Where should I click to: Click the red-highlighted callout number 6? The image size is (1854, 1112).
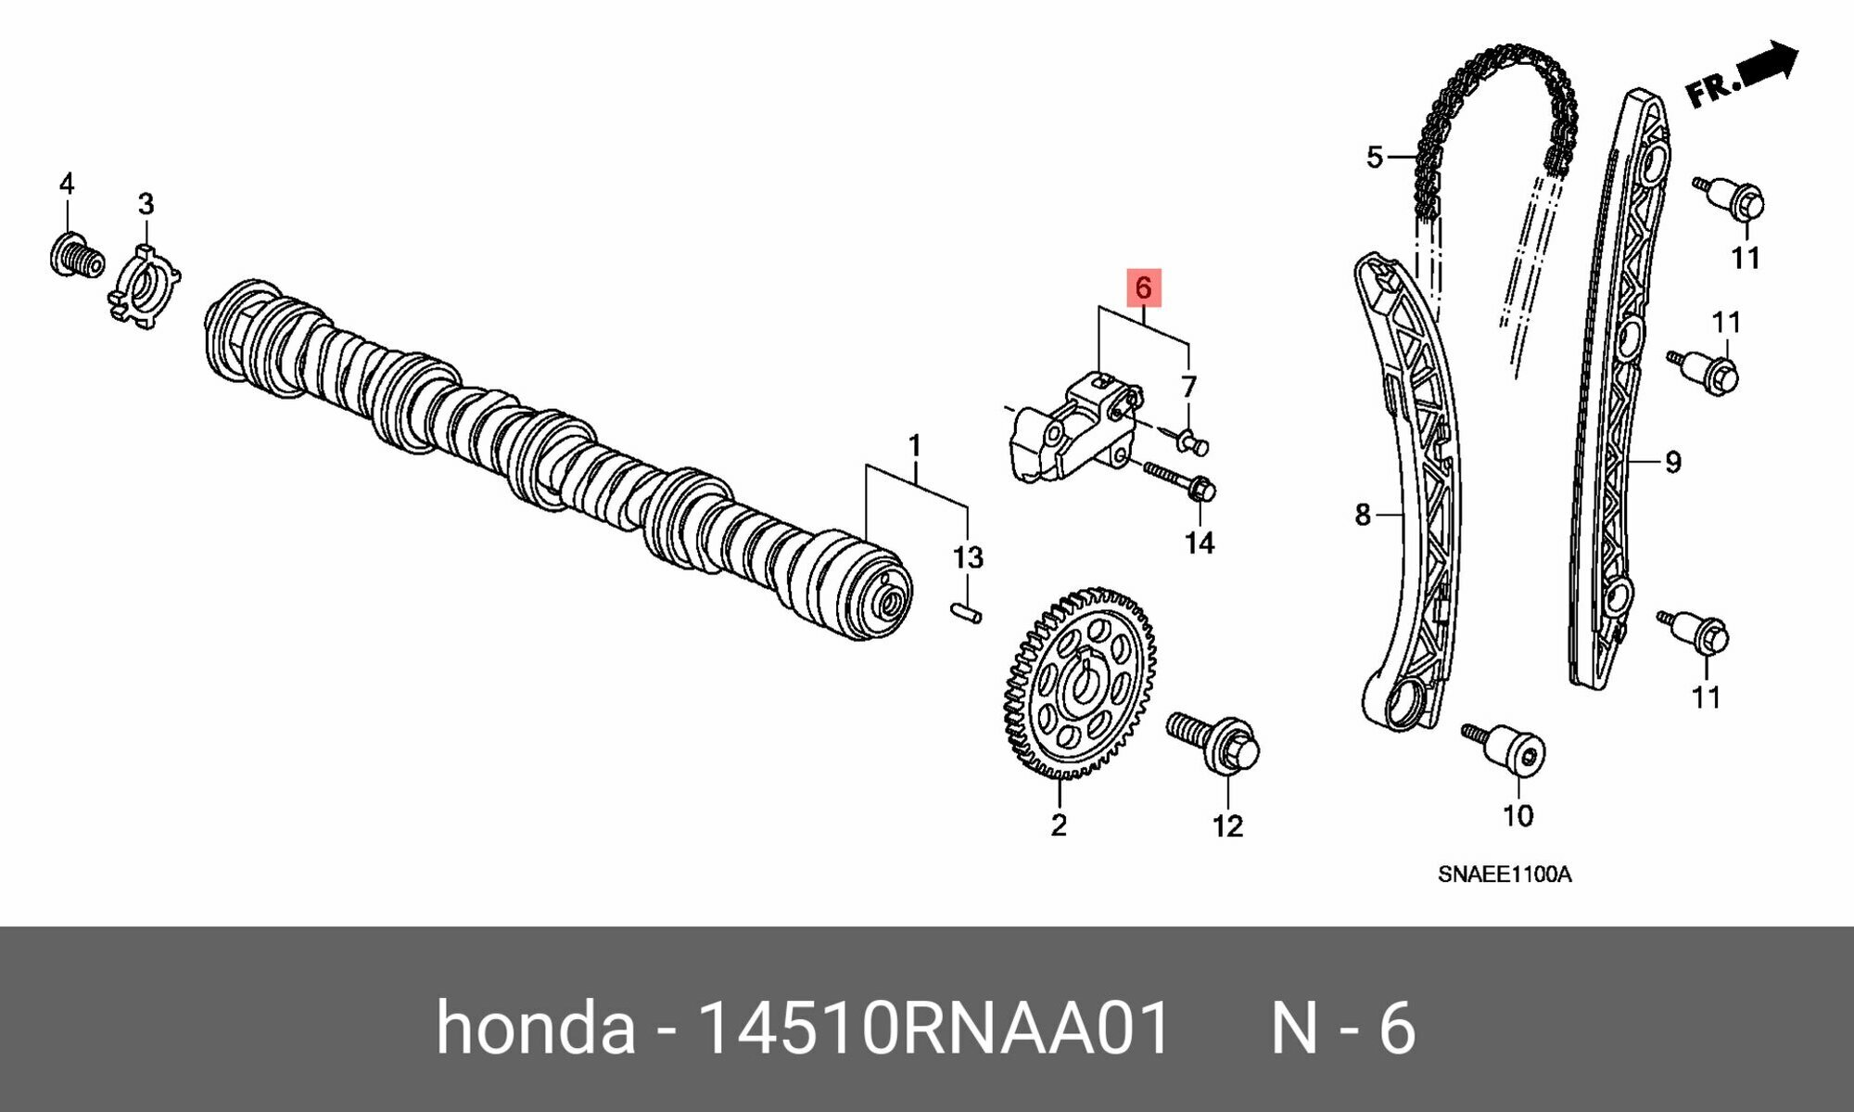tap(1143, 288)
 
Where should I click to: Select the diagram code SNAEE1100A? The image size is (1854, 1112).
tap(1504, 875)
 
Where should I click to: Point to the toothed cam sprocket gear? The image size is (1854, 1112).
tap(1080, 684)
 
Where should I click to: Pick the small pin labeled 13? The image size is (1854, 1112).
tap(966, 613)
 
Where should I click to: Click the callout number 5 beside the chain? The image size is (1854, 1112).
tap(1374, 157)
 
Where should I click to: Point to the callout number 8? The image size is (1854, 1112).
tap(1362, 514)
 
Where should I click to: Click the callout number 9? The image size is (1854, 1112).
tap(1672, 462)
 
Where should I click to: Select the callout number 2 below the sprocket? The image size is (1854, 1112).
tap(1059, 824)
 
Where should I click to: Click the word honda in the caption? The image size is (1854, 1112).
tap(535, 1028)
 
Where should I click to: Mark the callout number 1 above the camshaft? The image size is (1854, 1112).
tap(914, 446)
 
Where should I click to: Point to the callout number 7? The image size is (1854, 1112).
tap(1188, 386)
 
